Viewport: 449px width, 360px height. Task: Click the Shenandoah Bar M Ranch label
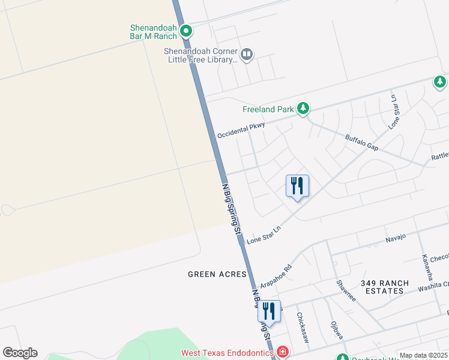[x=154, y=32]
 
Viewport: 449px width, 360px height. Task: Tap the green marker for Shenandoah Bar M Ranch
[x=186, y=30]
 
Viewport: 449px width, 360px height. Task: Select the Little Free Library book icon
[x=247, y=55]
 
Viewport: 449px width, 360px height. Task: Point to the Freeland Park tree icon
[x=304, y=109]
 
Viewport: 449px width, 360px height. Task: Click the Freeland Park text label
[x=268, y=109]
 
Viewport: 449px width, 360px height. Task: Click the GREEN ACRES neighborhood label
[x=217, y=274]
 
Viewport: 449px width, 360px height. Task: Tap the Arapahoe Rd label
[x=276, y=275]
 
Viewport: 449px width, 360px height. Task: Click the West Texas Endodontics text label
[x=228, y=353]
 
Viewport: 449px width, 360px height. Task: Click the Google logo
[x=20, y=353]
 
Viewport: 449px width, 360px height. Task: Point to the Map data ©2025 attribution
[x=423, y=356]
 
